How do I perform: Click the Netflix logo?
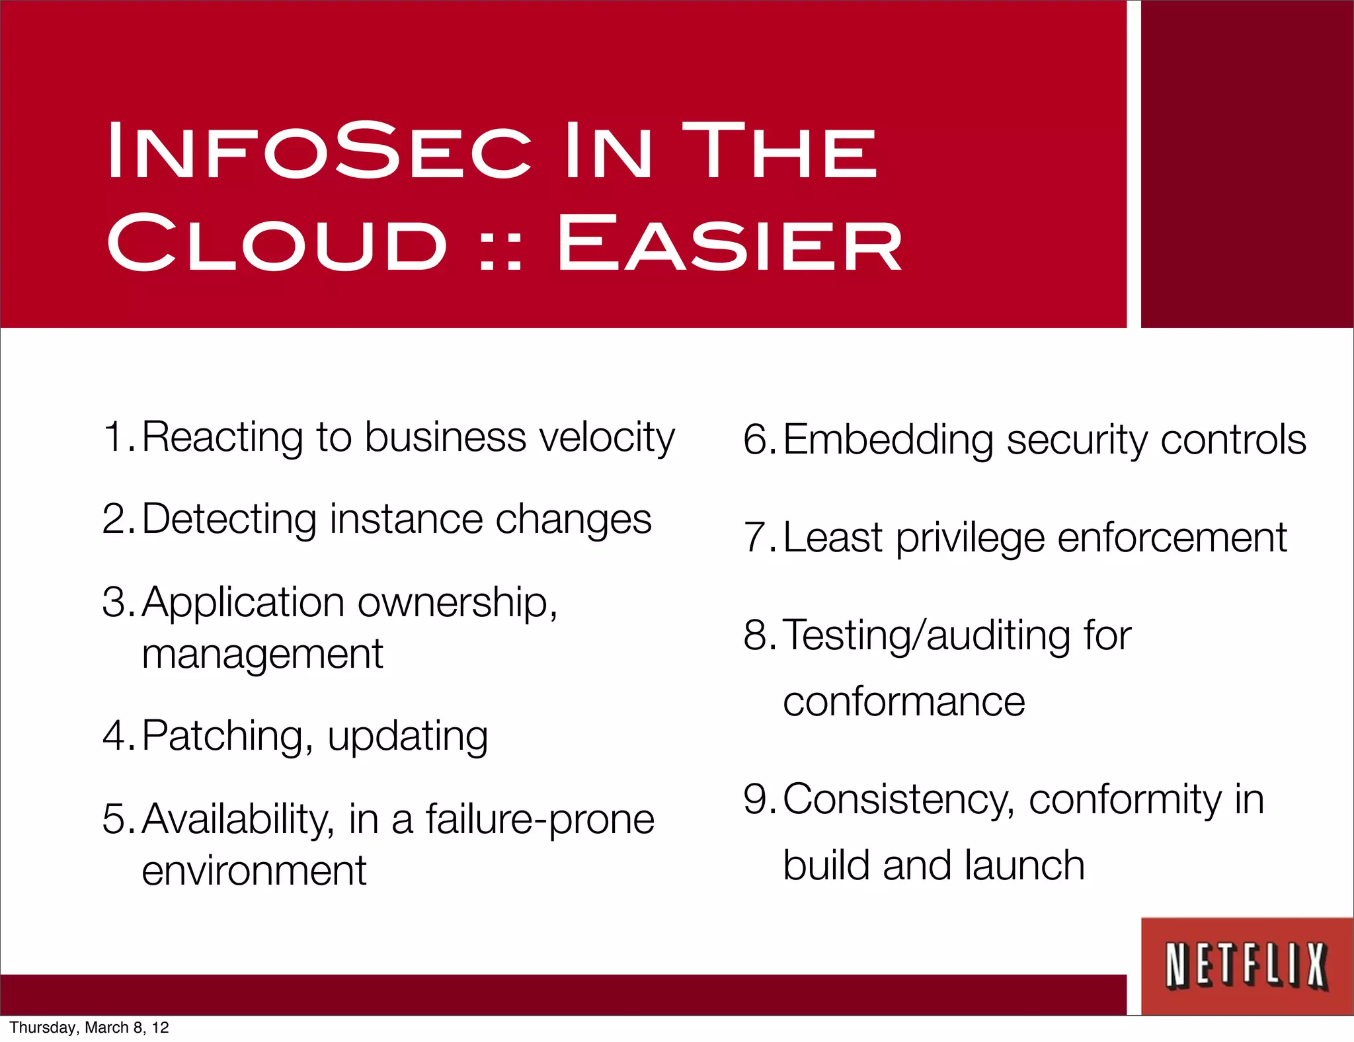(1246, 966)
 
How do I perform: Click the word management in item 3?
(262, 655)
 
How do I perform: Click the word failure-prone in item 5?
(539, 820)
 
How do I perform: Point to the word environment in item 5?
(254, 871)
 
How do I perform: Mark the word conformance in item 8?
(904, 702)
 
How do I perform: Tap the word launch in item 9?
(1024, 866)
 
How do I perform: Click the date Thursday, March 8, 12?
(89, 1027)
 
